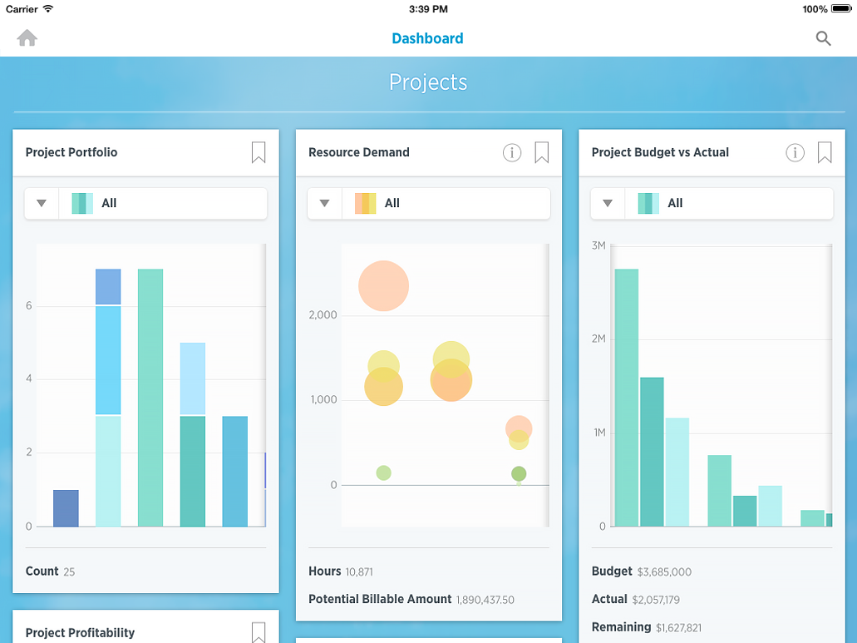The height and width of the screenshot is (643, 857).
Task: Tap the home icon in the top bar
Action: (x=27, y=38)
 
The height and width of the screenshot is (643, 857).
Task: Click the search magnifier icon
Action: (x=823, y=38)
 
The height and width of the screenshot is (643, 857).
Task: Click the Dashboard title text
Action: (x=427, y=38)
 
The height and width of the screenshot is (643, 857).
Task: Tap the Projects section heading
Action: (x=428, y=82)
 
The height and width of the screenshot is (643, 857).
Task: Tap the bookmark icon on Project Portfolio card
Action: (x=259, y=152)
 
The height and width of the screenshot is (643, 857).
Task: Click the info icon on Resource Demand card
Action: (x=512, y=152)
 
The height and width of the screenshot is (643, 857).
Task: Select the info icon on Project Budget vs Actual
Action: (x=795, y=152)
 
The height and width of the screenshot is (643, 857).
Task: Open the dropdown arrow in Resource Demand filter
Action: (x=325, y=203)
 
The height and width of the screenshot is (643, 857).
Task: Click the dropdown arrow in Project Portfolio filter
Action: (x=42, y=203)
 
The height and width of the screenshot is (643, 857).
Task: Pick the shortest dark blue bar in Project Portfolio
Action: (x=66, y=508)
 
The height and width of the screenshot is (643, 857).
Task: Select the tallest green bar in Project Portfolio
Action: (x=150, y=398)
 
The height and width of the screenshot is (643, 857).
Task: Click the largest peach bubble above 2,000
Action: (x=384, y=286)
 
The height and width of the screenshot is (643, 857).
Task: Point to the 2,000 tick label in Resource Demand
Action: (x=322, y=315)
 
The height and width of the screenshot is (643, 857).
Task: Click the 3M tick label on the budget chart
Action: (x=598, y=245)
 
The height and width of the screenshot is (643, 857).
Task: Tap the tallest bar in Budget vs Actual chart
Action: (x=627, y=398)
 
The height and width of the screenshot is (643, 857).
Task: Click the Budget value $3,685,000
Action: (x=664, y=572)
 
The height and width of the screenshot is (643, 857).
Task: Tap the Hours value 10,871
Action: (x=360, y=572)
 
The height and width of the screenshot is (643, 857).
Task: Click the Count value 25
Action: (x=68, y=572)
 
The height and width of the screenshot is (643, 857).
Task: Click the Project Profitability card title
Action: (x=80, y=633)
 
